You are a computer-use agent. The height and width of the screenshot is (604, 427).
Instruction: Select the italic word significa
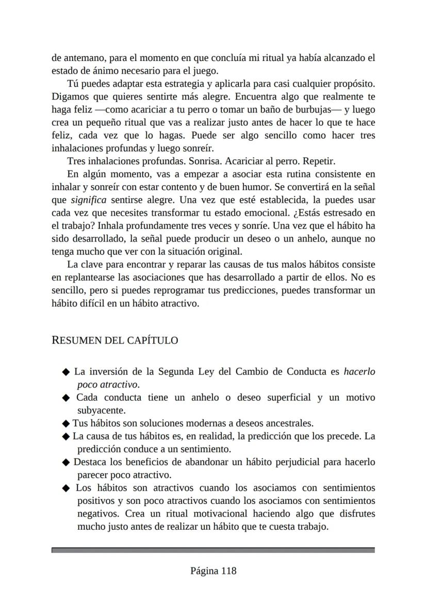[x=89, y=200]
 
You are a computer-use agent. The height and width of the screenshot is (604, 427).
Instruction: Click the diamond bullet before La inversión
[x=65, y=372]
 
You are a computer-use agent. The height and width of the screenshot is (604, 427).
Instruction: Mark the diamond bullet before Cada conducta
[x=65, y=398]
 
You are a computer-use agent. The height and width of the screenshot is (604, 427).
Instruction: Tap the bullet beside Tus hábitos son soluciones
[x=65, y=424]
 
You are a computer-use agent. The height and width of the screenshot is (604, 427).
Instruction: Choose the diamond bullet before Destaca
[x=65, y=463]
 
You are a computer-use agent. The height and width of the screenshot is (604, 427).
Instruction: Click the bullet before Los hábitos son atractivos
[x=65, y=488]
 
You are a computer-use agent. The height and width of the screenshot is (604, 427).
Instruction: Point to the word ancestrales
[x=288, y=423]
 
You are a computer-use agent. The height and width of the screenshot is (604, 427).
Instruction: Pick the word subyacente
[x=102, y=411]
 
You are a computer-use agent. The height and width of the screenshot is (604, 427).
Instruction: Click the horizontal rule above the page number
[x=213, y=550]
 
